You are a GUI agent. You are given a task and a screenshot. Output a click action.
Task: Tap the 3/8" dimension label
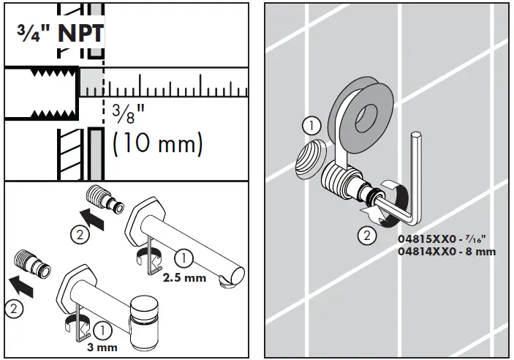[x=125, y=113]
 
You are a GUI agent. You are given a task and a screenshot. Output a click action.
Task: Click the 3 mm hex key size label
[x=101, y=346]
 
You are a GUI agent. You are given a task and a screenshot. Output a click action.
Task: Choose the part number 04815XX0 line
[x=436, y=239]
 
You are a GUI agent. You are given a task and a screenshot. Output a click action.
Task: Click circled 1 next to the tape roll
[x=311, y=126]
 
